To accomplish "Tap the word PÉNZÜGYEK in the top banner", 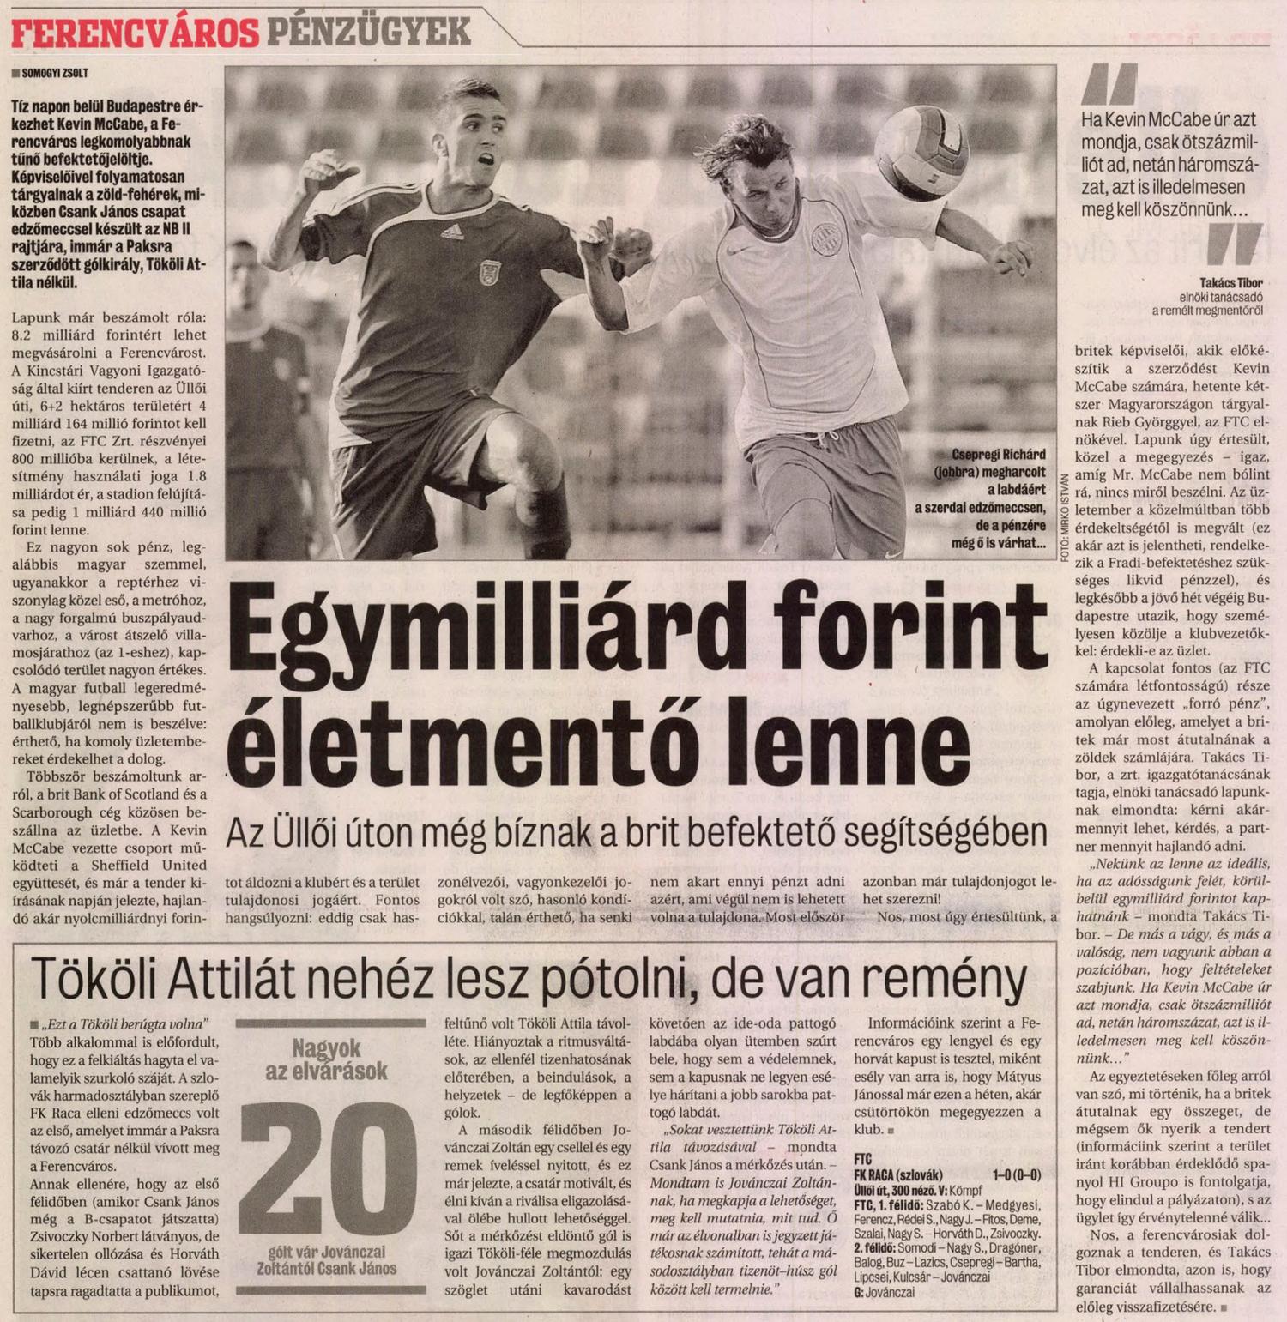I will click(368, 33).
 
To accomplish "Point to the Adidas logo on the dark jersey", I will click(451, 231).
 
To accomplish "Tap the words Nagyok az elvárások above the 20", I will click(327, 1059).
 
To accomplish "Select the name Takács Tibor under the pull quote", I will click(1232, 281).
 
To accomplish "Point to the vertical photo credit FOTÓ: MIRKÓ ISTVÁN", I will click(1064, 516).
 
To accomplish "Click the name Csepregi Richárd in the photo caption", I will click(999, 455).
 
